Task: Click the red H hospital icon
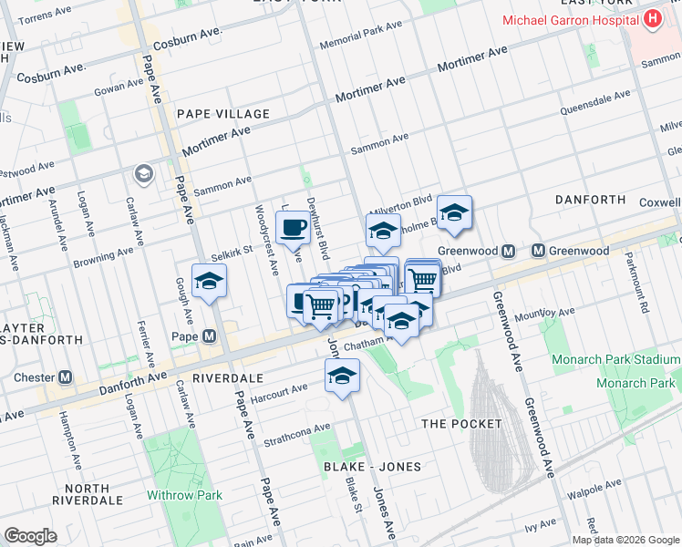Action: coord(652,19)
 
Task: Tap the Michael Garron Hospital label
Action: coord(570,20)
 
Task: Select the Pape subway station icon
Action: coord(211,335)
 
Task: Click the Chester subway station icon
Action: coord(65,377)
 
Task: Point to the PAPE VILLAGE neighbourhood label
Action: coord(223,114)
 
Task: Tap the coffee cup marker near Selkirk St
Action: coord(292,227)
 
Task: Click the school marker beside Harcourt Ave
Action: coord(342,376)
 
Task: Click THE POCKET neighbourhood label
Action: coord(461,424)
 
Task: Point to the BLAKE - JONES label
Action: coord(373,467)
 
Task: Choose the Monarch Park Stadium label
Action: coord(616,360)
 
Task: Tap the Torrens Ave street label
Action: coord(47,18)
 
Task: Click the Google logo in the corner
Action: coord(31,536)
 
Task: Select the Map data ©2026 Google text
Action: coord(625,540)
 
